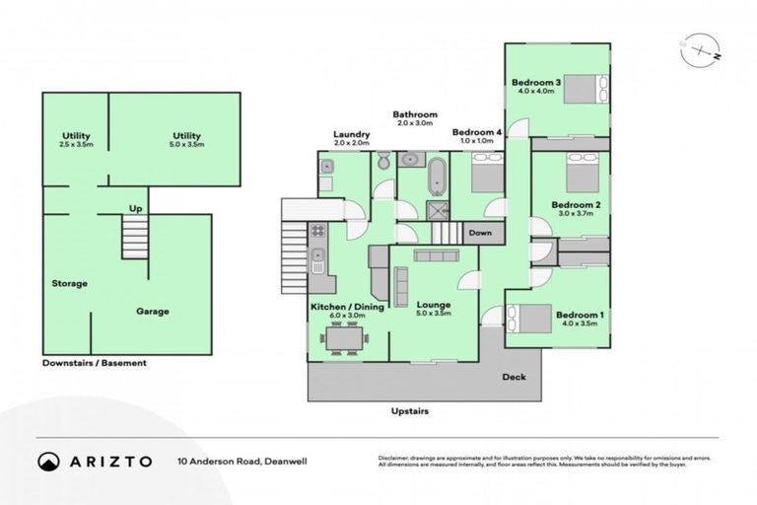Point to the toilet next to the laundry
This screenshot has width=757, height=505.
click(385, 162)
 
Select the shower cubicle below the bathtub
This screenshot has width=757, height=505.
click(435, 208)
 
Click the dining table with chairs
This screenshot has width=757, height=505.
click(345, 338)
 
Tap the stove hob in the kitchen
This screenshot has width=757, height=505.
click(318, 232)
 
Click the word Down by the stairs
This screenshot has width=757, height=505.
click(480, 234)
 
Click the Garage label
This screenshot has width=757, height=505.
click(152, 312)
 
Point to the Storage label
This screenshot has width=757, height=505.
click(69, 284)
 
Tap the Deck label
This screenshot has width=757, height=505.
click(514, 377)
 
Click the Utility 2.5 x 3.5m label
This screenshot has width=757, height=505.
click(76, 140)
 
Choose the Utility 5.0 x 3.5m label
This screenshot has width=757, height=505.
click(186, 140)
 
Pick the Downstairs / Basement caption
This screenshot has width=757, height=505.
click(95, 363)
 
